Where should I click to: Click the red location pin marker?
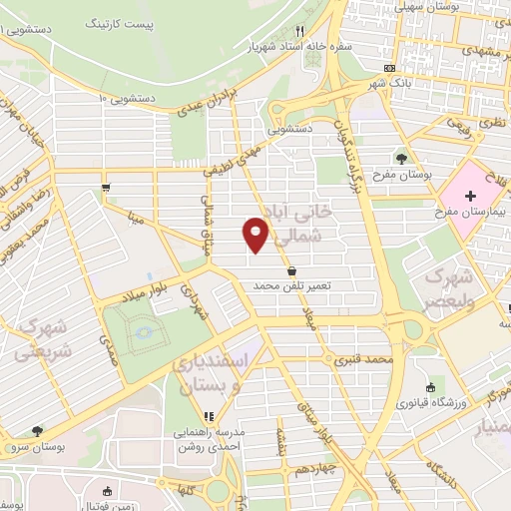pos(256,235)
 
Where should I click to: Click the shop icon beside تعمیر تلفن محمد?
pos(290,270)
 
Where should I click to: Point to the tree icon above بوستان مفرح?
pos(401,158)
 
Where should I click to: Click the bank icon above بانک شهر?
pos(390,69)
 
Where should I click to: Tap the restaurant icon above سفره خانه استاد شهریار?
pos(299,32)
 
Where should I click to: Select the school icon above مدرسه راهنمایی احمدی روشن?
pos(209,417)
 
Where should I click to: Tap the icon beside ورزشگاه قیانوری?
pos(430,387)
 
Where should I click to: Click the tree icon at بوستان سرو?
pos(37,432)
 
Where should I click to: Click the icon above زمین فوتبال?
pos(107,491)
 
